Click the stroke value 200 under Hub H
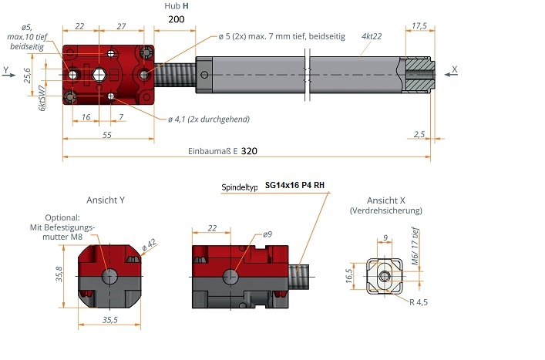click(x=175, y=19)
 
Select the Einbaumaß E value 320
click(x=249, y=151)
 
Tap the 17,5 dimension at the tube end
click(x=419, y=25)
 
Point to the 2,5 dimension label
click(x=419, y=134)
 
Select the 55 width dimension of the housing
click(x=107, y=135)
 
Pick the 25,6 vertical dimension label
click(x=27, y=76)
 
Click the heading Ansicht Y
click(x=106, y=200)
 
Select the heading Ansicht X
click(x=385, y=200)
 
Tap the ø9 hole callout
click(x=267, y=234)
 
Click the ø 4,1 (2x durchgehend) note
click(x=208, y=119)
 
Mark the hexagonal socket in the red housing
click(x=99, y=74)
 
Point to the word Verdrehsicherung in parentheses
click(x=385, y=210)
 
